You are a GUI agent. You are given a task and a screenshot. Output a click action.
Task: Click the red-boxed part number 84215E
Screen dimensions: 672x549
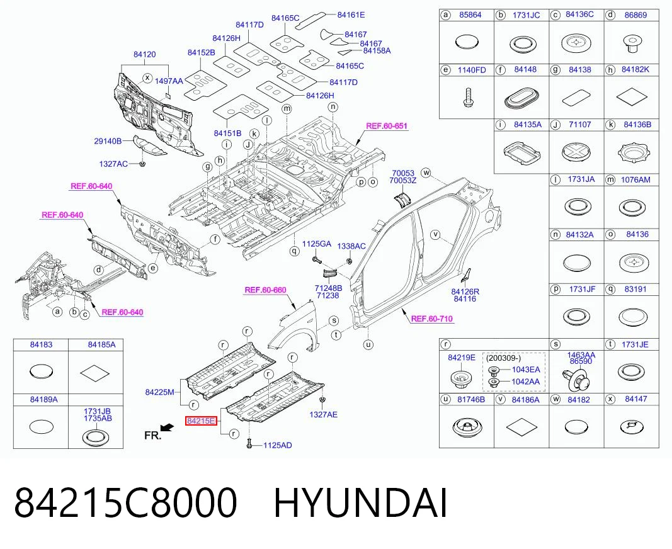200,421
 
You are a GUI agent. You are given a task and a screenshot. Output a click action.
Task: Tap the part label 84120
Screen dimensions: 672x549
144,54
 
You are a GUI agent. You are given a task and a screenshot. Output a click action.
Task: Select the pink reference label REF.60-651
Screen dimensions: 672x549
387,126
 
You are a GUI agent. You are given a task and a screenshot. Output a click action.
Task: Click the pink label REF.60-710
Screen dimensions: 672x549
431,319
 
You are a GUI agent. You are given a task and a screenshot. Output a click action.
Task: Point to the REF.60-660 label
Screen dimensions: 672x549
265,290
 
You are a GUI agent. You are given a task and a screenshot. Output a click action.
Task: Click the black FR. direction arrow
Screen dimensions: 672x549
166,427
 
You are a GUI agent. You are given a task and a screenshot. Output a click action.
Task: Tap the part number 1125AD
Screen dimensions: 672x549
277,446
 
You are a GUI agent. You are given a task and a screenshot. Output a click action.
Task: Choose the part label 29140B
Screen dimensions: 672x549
108,141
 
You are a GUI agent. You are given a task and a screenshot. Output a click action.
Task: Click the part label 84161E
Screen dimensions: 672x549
351,15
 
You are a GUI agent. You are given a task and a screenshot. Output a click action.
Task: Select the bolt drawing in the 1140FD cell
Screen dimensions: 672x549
467,98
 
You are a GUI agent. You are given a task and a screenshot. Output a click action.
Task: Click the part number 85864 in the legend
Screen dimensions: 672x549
470,15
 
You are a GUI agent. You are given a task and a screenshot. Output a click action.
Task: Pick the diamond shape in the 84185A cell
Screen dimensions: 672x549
96,373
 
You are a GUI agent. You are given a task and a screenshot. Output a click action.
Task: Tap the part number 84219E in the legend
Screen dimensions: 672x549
462,358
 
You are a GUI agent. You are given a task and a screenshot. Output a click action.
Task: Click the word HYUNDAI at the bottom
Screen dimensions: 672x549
360,502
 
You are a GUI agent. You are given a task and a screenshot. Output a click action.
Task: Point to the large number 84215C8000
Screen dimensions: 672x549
125,502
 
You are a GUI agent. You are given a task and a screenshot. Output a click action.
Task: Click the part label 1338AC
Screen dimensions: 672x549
351,246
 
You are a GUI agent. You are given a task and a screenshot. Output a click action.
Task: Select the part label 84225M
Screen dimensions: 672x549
160,392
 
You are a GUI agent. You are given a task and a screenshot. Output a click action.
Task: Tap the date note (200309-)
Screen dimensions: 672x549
504,358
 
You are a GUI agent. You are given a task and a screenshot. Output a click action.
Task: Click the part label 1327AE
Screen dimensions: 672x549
323,414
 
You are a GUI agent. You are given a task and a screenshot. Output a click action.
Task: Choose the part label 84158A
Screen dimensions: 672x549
377,50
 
